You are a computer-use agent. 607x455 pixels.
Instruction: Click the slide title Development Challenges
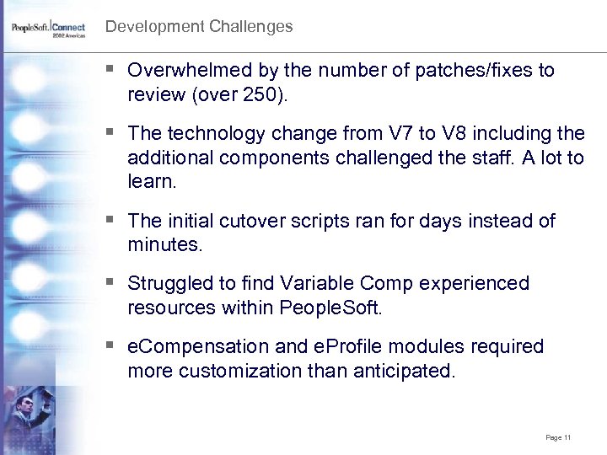point(199,26)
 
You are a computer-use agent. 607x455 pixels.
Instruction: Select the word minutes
point(164,245)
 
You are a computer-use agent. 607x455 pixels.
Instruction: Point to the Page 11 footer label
point(558,437)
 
